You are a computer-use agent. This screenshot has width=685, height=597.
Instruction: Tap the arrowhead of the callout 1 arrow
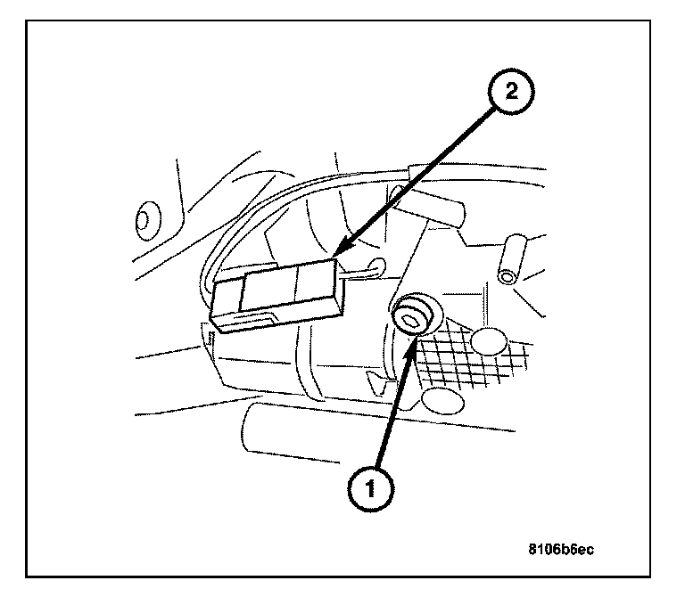tap(410, 350)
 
